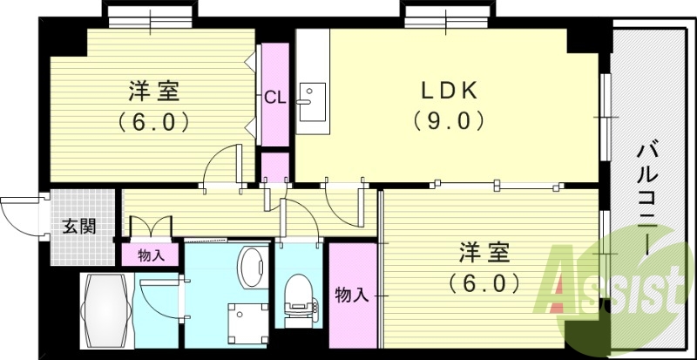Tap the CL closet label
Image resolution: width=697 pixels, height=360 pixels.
[274, 95]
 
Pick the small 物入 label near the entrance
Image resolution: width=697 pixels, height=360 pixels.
[152, 255]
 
